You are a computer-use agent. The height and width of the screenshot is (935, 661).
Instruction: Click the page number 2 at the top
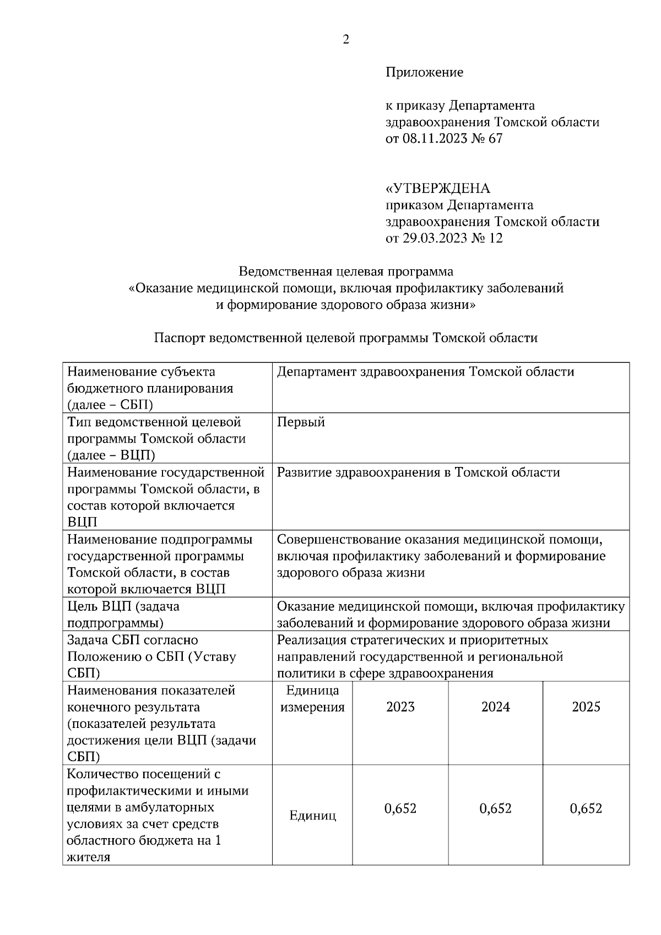tap(346, 39)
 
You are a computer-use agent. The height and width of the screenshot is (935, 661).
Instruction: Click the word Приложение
tap(424, 72)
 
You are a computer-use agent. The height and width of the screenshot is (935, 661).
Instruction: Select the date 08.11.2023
tap(434, 139)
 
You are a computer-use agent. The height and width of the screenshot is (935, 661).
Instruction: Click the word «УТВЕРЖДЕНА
tap(437, 189)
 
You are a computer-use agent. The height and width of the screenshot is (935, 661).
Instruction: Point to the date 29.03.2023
tap(434, 238)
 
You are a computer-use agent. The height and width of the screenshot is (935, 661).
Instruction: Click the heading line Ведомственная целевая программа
tap(346, 271)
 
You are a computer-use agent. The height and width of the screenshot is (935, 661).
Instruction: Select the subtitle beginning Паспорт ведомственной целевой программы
tap(346, 338)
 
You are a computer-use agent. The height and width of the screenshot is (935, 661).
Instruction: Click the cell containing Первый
tap(301, 422)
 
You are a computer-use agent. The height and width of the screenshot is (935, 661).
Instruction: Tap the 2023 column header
tap(400, 706)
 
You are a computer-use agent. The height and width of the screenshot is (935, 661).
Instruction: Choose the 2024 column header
tap(495, 706)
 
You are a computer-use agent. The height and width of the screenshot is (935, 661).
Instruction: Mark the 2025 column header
tap(586, 706)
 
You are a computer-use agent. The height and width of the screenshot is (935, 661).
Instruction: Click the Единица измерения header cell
tap(312, 699)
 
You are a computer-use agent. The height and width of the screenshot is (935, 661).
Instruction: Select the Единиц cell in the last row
tap(312, 816)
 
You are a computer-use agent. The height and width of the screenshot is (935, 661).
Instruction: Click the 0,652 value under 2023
tap(400, 808)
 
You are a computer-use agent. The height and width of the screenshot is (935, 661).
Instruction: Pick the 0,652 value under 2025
tap(586, 808)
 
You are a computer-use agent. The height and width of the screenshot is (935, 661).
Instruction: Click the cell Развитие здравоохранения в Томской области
tap(418, 472)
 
